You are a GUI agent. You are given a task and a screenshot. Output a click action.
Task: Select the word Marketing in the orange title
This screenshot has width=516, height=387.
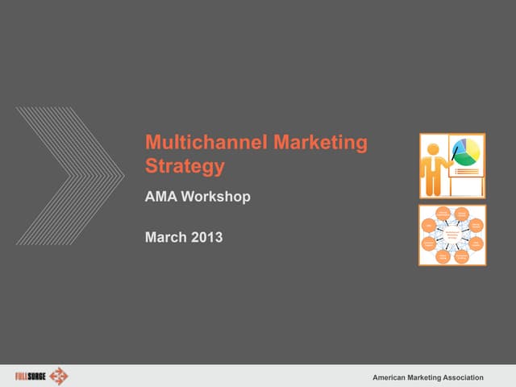click(x=320, y=144)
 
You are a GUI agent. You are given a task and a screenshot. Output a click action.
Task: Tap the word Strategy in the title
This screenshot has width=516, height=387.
click(x=184, y=167)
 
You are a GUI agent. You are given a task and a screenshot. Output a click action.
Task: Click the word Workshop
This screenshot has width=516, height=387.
click(x=218, y=196)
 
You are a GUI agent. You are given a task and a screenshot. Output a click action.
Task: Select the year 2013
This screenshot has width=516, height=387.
click(x=206, y=237)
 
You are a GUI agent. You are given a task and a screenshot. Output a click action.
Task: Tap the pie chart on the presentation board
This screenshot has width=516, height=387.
click(x=465, y=151)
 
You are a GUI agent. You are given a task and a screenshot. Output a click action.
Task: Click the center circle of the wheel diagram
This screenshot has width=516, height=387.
click(x=452, y=235)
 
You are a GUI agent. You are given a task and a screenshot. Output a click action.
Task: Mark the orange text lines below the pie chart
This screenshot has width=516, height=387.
click(x=465, y=170)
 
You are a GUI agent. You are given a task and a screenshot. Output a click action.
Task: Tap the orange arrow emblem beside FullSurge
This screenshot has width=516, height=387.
click(x=59, y=376)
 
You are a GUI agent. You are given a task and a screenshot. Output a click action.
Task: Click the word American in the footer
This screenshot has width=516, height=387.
click(x=393, y=377)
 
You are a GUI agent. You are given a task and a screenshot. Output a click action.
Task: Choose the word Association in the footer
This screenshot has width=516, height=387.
click(x=459, y=377)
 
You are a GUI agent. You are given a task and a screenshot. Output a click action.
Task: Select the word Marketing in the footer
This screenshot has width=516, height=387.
click(x=426, y=377)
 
